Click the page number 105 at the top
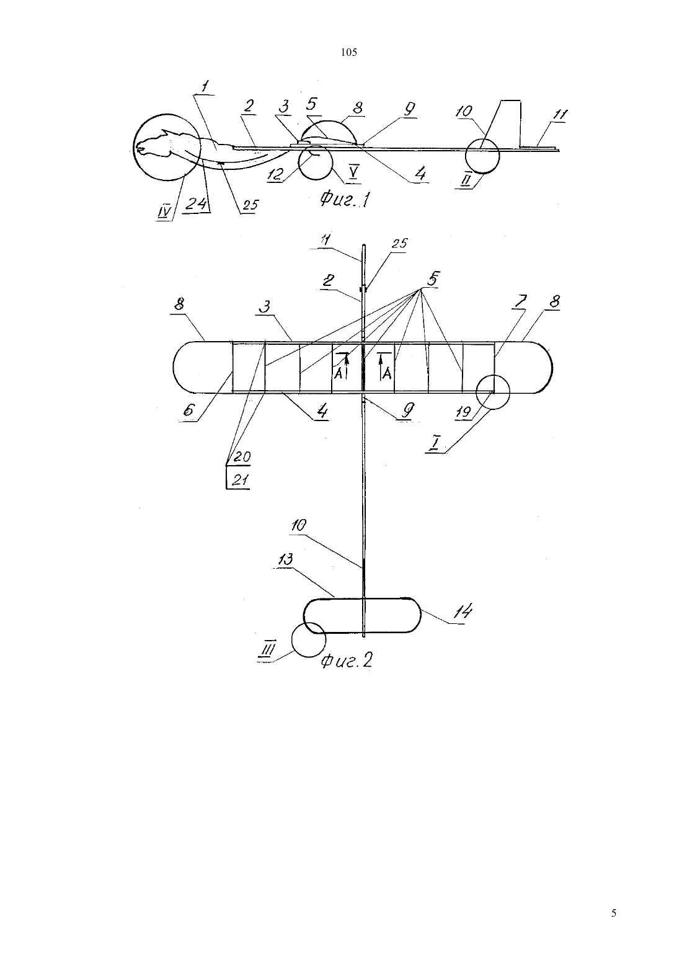click(348, 53)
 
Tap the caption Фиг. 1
click(345, 199)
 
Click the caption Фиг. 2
click(346, 660)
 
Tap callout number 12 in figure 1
click(275, 174)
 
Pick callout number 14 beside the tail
click(463, 611)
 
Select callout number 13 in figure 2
click(286, 559)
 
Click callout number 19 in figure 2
click(464, 412)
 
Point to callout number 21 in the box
click(241, 480)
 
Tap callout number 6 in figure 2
click(188, 410)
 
